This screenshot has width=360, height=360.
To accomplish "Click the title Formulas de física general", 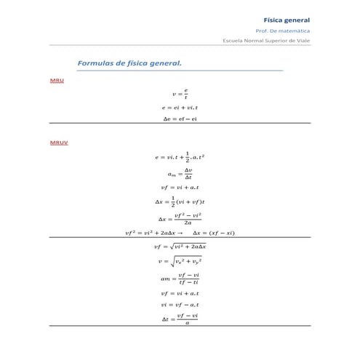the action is pyautogui.click(x=129, y=63).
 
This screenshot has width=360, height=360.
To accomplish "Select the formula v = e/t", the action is pyautogui.click(x=180, y=94).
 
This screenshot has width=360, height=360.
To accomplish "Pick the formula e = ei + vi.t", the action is pyautogui.click(x=180, y=108).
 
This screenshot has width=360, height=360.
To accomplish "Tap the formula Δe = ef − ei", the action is pyautogui.click(x=180, y=119).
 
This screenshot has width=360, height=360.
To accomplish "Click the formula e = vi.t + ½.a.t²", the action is pyautogui.click(x=180, y=157).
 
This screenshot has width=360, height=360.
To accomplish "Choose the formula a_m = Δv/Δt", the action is pyautogui.click(x=180, y=174).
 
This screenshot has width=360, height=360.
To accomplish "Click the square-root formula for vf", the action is pyautogui.click(x=180, y=247).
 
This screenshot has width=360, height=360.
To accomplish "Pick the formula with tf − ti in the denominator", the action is pyautogui.click(x=180, y=278).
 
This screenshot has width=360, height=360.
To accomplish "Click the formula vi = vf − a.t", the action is pyautogui.click(x=180, y=305).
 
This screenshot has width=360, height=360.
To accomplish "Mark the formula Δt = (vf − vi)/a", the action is pyautogui.click(x=180, y=319).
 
